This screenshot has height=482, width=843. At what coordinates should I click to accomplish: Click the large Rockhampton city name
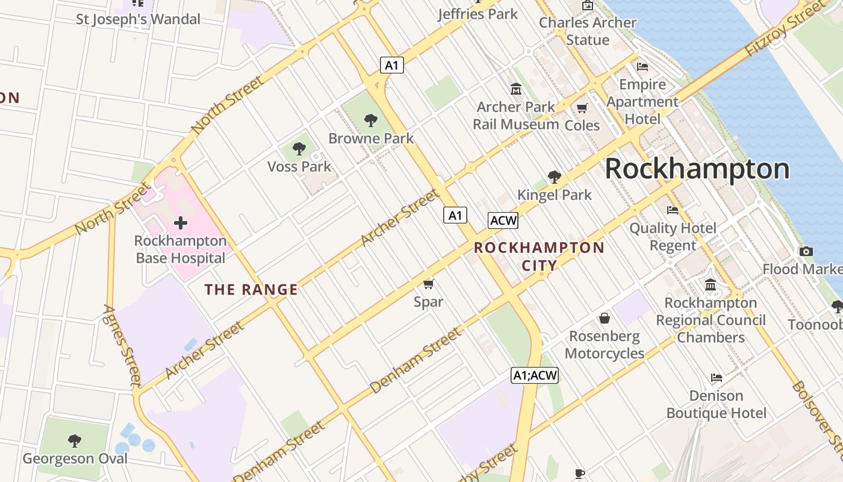(x=697, y=169)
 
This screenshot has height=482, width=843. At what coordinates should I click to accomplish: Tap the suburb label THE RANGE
(x=251, y=290)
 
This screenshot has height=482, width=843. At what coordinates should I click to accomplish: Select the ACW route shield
(x=503, y=221)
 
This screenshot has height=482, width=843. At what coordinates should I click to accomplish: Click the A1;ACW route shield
(x=535, y=375)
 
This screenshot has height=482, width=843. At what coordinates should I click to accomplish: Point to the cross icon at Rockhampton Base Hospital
(x=180, y=224)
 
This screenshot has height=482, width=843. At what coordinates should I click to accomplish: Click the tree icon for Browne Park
(x=371, y=120)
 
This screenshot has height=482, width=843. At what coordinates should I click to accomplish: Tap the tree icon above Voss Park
(x=299, y=149)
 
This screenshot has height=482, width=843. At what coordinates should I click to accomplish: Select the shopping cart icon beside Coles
(x=582, y=108)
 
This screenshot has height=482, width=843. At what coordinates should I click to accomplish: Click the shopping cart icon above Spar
(x=428, y=284)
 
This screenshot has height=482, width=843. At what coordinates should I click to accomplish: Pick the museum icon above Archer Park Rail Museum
(x=515, y=89)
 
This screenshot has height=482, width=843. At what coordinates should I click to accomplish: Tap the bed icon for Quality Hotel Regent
(x=673, y=210)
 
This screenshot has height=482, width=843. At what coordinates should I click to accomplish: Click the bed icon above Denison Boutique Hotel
(x=716, y=378)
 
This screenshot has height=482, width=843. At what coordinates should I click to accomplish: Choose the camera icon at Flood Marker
(x=806, y=252)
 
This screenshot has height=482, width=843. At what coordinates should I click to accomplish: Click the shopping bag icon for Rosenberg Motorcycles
(x=605, y=318)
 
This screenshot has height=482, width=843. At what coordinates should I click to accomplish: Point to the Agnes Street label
(x=122, y=345)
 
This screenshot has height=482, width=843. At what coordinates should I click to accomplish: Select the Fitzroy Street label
(x=783, y=30)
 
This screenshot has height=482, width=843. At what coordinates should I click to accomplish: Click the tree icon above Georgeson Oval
(x=75, y=441)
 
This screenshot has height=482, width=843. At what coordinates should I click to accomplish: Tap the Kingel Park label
(x=555, y=195)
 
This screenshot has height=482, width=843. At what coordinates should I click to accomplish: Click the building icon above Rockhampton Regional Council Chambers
(x=711, y=284)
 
